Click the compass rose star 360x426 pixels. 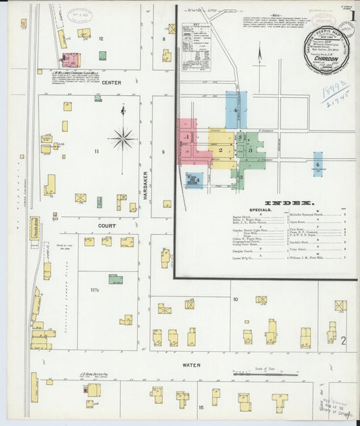[123, 139]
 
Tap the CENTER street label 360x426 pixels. [112, 82]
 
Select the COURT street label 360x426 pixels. [107, 225]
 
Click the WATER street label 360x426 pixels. [191, 365]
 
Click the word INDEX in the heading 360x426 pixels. [288, 203]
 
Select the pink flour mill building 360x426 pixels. [70, 59]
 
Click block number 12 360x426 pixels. [101, 39]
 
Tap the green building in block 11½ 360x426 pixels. [115, 279]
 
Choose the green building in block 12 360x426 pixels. [102, 55]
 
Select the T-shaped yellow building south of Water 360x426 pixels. [279, 401]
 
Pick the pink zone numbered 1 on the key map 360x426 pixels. [187, 138]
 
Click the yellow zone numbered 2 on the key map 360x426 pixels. [220, 149]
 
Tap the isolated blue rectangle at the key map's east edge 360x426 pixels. [317, 163]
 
